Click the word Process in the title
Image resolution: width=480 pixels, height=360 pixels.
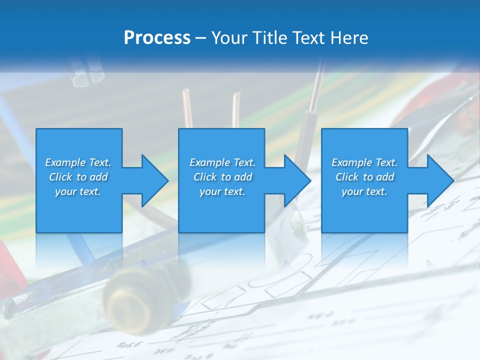157,38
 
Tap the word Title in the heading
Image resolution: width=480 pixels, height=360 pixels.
268,38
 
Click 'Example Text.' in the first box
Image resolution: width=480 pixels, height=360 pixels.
78,162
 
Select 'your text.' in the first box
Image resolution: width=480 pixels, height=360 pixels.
78,191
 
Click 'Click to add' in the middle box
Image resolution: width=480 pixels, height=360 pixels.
222,177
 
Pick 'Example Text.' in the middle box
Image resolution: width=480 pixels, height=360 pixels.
222,162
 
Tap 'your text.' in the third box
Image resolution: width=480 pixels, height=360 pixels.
364,191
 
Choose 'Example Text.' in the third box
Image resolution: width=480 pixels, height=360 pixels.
364,162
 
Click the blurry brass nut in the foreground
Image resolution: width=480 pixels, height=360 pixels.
131,300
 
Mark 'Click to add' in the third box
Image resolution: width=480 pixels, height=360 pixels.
364,177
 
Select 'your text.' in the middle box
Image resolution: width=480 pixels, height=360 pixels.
222,191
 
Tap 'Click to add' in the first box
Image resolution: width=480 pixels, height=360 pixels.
78,177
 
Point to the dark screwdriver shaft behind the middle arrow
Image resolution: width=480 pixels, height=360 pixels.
308,135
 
